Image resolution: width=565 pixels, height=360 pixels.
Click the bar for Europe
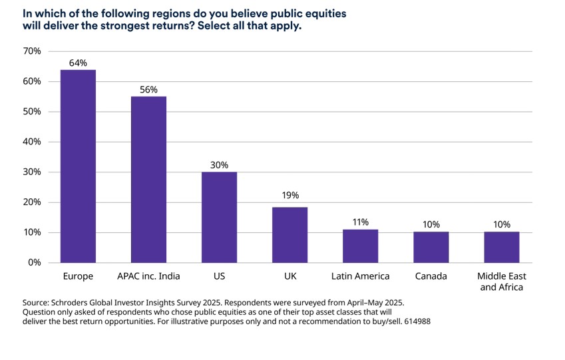coord(78,166)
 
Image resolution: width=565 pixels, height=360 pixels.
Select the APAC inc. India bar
coord(148,180)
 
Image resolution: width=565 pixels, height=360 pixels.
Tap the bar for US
coord(219,217)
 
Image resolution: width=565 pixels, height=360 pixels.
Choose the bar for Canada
coord(431,247)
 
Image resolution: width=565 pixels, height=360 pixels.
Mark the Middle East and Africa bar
coord(501,247)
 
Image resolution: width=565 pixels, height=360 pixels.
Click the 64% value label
coord(78,63)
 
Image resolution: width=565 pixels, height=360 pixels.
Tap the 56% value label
coord(148,89)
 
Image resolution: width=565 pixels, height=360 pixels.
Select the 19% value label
coord(290,195)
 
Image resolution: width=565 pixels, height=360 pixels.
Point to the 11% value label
coord(360,222)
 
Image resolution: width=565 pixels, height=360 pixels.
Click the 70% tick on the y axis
coord(32,51)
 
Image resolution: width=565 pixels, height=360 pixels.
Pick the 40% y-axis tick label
coord(32,142)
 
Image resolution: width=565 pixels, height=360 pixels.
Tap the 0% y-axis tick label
coord(34,263)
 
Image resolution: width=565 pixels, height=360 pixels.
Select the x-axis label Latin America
coord(360,276)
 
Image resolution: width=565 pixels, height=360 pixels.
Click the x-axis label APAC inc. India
coord(148,276)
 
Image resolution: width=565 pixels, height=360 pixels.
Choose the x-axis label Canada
coord(431,276)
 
